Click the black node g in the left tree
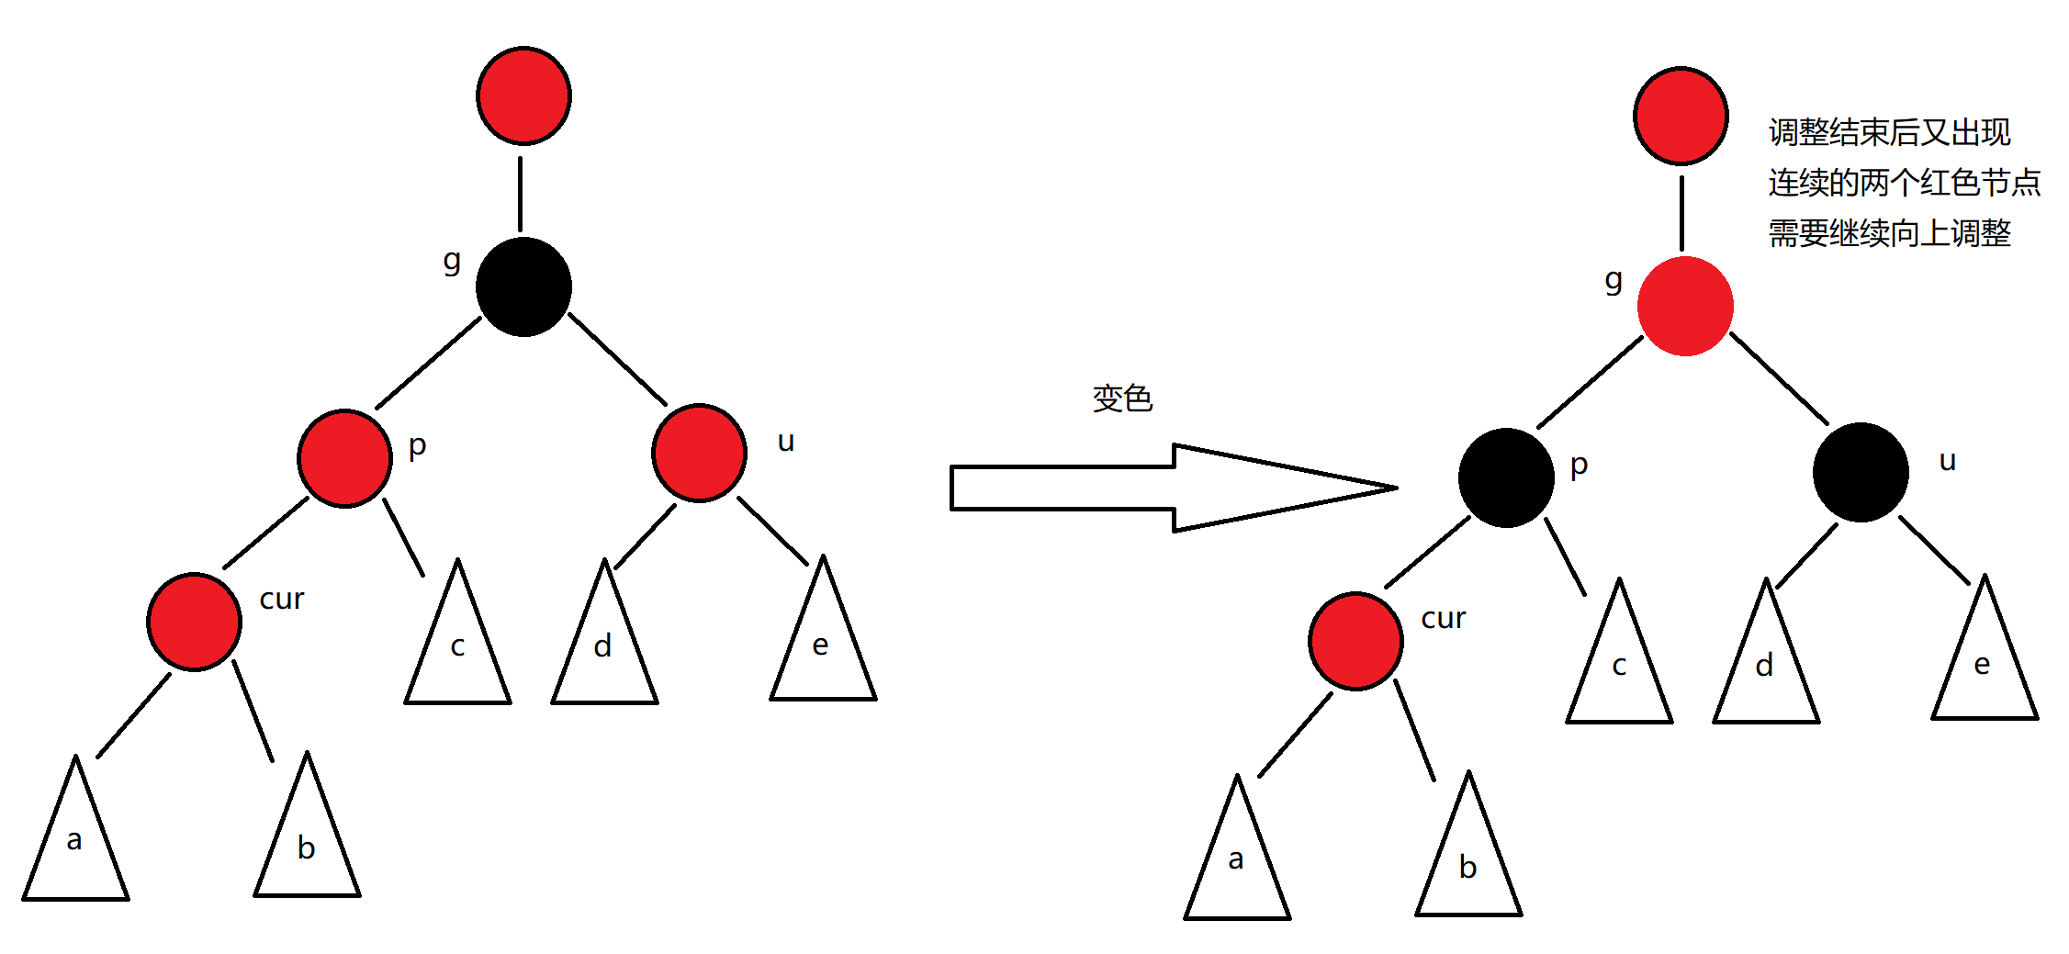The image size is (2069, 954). click(x=523, y=286)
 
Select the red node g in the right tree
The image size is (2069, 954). click(x=1685, y=306)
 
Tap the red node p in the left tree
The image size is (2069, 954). click(x=344, y=458)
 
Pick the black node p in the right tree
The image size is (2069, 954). click(x=1506, y=477)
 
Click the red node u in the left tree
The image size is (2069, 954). click(x=699, y=453)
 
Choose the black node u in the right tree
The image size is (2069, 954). click(x=1861, y=472)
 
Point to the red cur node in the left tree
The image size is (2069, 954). click(x=194, y=622)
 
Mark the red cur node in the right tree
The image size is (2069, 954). click(x=1355, y=641)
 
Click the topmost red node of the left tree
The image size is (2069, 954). click(x=523, y=95)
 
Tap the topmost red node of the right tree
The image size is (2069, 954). click(x=1681, y=116)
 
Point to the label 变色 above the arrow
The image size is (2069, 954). click(x=1122, y=398)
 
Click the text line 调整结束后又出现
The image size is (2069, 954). click(x=1889, y=132)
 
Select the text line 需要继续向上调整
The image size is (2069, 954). click(x=1889, y=233)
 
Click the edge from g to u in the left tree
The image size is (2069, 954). click(x=617, y=358)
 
